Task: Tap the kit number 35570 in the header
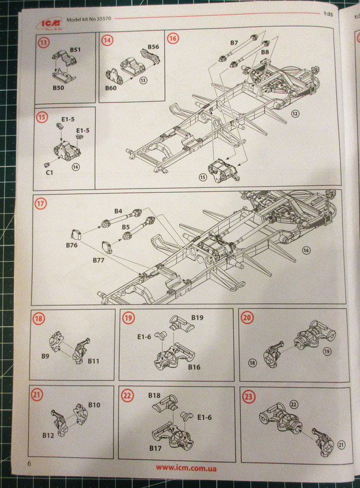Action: [99, 18]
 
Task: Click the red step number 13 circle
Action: [45, 43]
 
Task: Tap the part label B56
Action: [153, 47]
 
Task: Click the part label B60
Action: [110, 88]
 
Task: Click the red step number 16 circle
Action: [173, 38]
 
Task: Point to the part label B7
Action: [234, 43]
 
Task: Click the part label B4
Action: [118, 212]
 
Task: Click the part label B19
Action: [196, 318]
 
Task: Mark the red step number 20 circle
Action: [247, 318]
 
